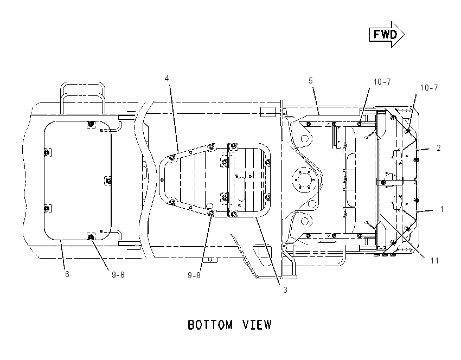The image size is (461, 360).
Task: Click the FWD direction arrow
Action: coord(387,34)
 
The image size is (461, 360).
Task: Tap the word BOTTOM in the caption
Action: coord(210,325)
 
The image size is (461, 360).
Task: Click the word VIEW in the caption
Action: coord(257,325)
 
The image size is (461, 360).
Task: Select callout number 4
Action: coord(167,79)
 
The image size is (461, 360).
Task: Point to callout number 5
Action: coord(311,81)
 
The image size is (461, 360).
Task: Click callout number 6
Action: coord(67,274)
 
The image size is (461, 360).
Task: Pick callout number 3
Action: coord(285,290)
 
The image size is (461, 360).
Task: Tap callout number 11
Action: coord(434,261)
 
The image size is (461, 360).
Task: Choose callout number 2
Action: coord(439,148)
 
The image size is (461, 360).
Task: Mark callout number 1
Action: coord(441,209)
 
